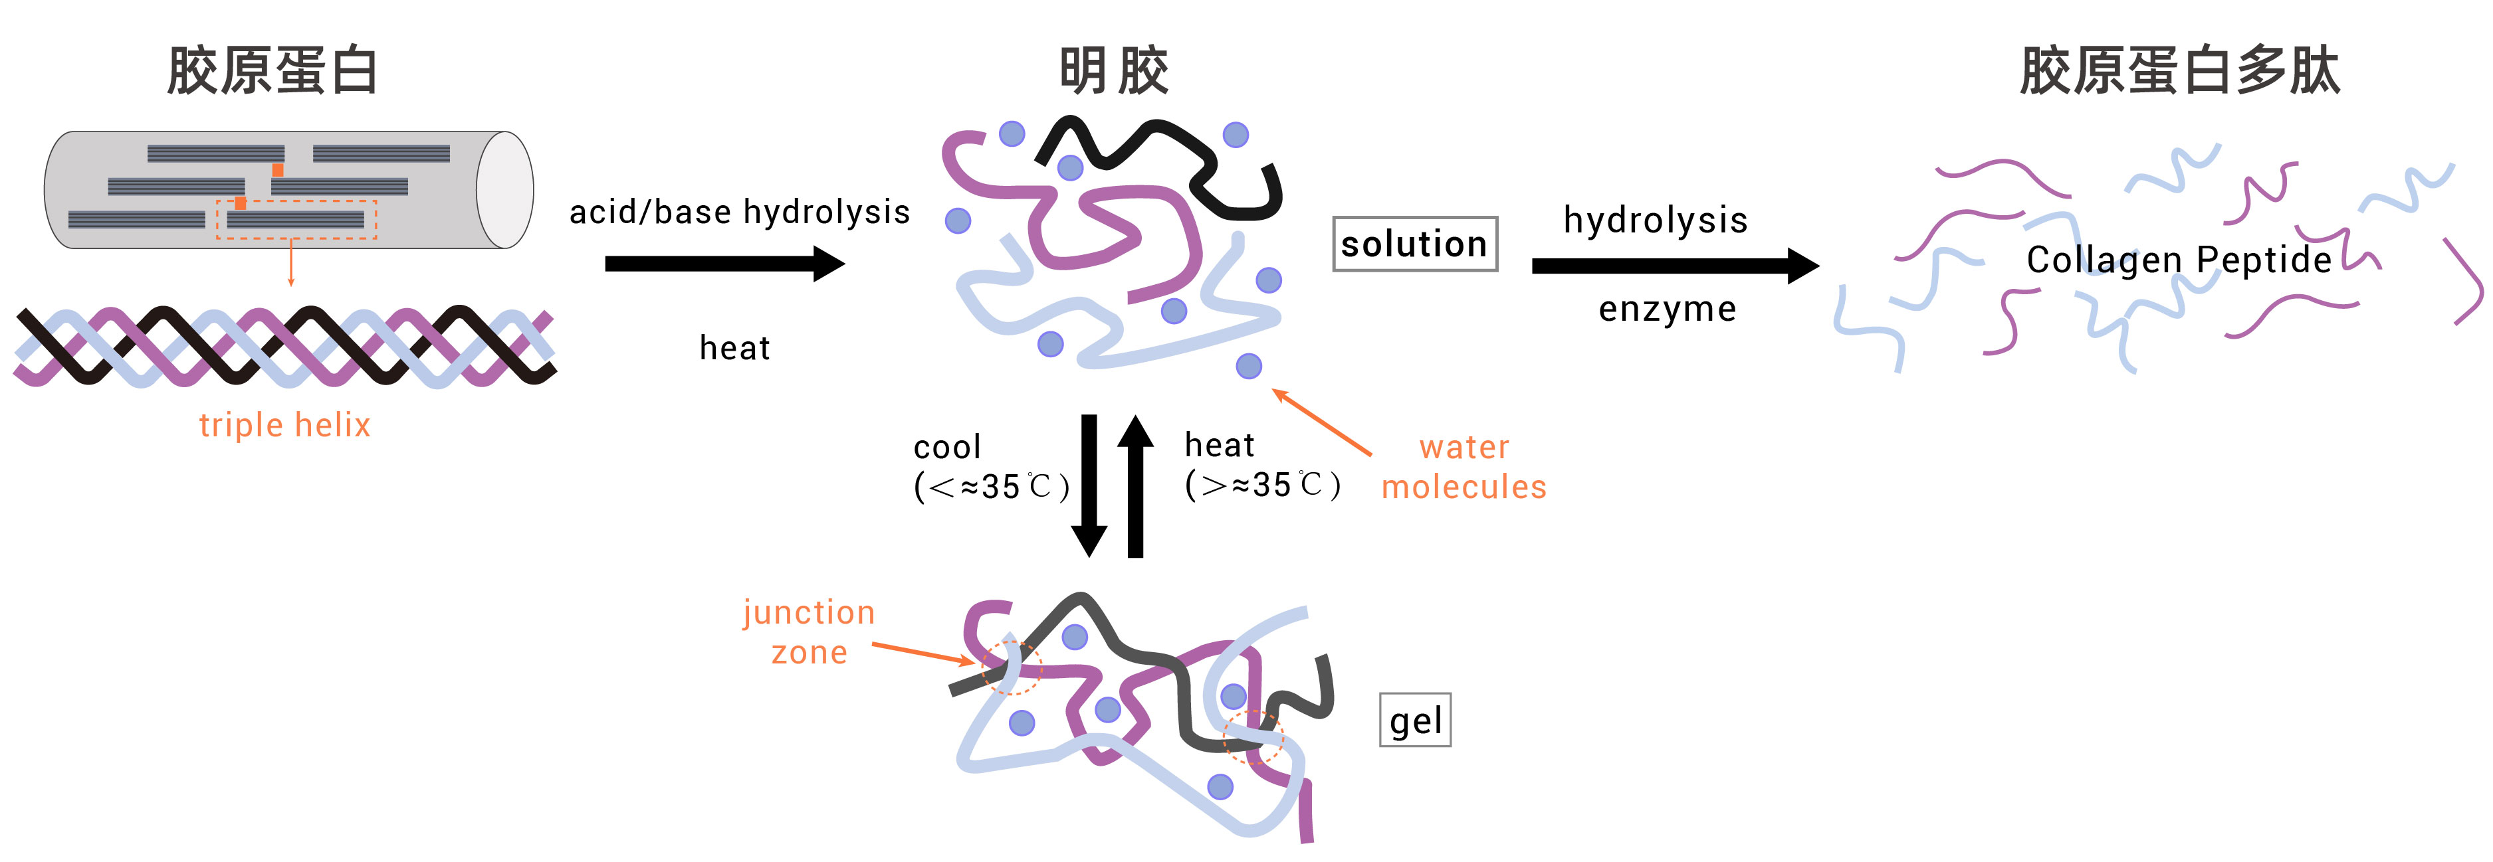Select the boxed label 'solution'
pos(1414,244)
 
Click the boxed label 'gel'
pos(1415,721)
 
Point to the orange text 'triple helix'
pos(284,425)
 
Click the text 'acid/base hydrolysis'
pos(739,212)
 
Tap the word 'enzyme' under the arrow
pos(1666,309)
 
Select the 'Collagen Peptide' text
pos(2179,259)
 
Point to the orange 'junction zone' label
pos(809,632)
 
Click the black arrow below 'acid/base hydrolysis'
pos(724,263)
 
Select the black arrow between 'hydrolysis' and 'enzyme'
pos(1674,265)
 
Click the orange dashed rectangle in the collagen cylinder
pos(296,220)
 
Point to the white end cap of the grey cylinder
pos(504,191)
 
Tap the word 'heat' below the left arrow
pos(734,347)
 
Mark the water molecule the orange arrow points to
pos(1248,366)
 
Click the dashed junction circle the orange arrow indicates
pos(1012,667)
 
